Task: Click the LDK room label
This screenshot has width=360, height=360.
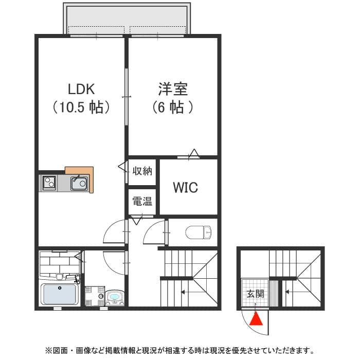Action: (x=81, y=88)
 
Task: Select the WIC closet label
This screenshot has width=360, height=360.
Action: (x=185, y=188)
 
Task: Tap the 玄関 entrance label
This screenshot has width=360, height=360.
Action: (x=255, y=294)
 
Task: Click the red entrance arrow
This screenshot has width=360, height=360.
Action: (x=256, y=319)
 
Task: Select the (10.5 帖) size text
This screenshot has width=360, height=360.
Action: (x=81, y=107)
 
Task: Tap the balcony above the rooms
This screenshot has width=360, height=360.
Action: (x=128, y=19)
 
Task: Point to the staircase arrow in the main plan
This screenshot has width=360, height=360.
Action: (x=183, y=293)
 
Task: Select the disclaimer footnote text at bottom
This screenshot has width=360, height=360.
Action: (x=179, y=351)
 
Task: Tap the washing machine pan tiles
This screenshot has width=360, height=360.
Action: (x=95, y=297)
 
